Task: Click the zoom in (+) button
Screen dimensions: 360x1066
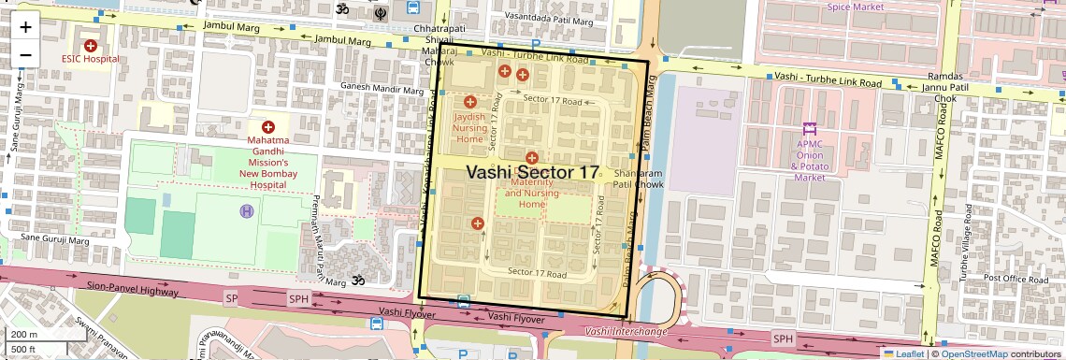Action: coord(25,27)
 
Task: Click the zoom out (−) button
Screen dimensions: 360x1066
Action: coord(25,54)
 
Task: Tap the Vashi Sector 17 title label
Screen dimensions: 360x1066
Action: coord(531,173)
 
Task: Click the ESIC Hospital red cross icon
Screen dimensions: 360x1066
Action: coord(91,45)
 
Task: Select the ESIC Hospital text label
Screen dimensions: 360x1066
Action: coord(91,58)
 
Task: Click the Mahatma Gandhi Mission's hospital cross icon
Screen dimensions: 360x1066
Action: coord(268,126)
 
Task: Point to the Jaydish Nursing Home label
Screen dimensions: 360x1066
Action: coord(470,127)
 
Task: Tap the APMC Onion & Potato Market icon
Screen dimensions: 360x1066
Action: coord(810,127)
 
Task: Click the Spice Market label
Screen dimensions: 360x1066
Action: coord(855,7)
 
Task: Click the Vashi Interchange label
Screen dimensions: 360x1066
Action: coord(627,331)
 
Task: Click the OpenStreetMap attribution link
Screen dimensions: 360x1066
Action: coord(974,353)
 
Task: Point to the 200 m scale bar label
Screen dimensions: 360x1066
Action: coord(23,335)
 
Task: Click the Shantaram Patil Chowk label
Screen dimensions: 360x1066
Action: coord(638,180)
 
